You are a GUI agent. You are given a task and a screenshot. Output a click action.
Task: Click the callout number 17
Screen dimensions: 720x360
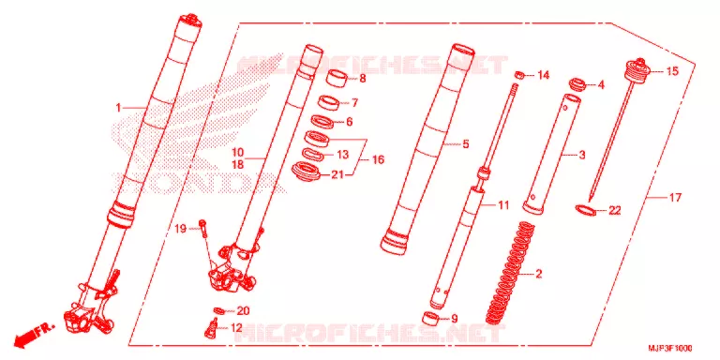675,198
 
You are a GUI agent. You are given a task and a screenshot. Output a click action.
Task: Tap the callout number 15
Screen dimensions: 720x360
672,71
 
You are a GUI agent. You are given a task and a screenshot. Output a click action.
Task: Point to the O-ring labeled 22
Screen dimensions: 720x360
585,210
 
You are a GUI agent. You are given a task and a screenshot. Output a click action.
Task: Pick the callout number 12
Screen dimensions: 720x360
236,328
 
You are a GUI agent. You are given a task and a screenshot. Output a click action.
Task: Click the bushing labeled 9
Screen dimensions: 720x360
430,318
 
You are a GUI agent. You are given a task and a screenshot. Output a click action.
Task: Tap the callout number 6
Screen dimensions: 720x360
349,122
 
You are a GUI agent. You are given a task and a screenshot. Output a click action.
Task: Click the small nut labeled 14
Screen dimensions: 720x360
519,74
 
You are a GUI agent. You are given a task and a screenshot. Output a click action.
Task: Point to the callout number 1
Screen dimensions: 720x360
118,108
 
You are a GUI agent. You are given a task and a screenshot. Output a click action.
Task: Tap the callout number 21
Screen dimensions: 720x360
337,174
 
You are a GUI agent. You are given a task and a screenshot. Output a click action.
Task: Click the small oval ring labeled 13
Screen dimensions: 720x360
313,155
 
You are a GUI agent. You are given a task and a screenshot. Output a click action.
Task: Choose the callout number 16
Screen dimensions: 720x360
379,159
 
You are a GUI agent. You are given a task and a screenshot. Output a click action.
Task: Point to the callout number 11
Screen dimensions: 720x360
503,205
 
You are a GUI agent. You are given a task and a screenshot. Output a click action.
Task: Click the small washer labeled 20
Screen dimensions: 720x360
220,310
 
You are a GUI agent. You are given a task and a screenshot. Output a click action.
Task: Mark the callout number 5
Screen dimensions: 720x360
466,144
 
